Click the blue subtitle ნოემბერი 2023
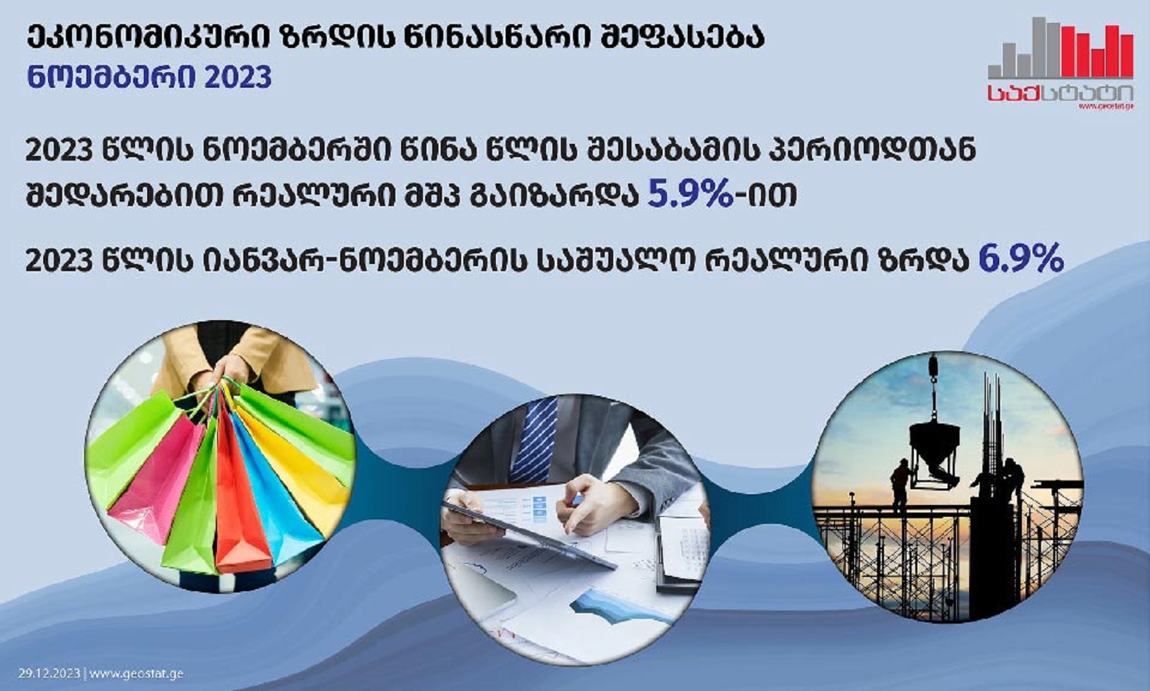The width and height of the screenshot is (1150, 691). (x=149, y=79)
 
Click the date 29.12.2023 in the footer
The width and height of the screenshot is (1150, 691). (x=50, y=673)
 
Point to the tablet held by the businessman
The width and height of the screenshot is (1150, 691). (x=529, y=535)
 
